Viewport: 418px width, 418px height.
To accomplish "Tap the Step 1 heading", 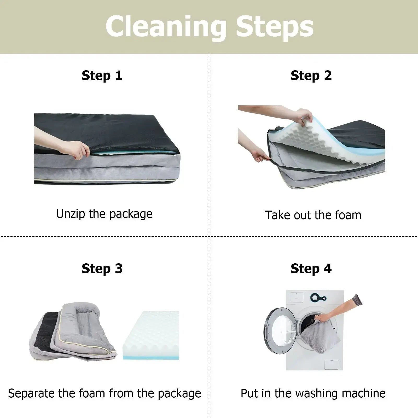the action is point(102,76).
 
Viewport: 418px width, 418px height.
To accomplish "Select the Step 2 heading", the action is point(311,76).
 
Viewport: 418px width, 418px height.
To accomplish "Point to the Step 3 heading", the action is point(102,269).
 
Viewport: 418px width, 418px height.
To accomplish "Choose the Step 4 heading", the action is point(311,269).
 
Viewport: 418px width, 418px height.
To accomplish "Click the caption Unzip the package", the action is point(104,214).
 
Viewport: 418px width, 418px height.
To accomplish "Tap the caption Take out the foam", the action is point(313,215).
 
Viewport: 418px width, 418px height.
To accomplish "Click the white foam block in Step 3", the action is point(151,335).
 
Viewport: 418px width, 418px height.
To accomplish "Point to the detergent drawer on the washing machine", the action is point(297,297).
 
